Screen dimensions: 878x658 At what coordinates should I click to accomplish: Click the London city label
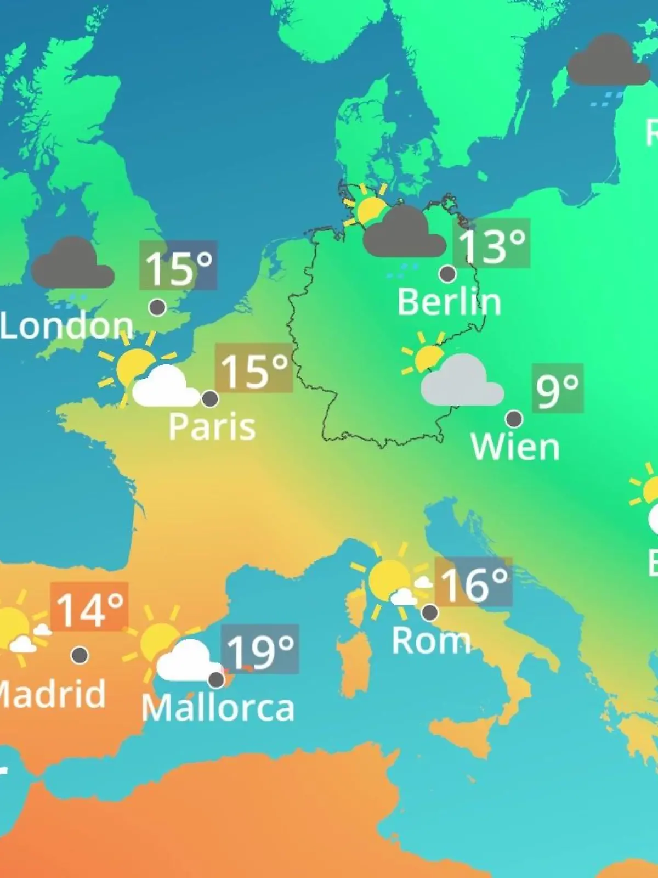pyautogui.click(x=66, y=326)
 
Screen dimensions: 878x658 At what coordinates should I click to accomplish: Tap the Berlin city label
pyautogui.click(x=449, y=302)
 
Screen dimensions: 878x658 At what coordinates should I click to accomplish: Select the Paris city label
pyautogui.click(x=212, y=426)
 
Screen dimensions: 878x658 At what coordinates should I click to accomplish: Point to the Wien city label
pyautogui.click(x=515, y=447)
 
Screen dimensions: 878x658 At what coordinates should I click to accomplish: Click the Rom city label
pyautogui.click(x=431, y=640)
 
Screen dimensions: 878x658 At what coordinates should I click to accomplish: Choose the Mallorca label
pyautogui.click(x=218, y=708)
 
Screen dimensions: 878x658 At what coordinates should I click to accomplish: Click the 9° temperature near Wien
pyautogui.click(x=557, y=389)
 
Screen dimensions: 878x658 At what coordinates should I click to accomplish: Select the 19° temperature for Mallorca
pyautogui.click(x=260, y=649)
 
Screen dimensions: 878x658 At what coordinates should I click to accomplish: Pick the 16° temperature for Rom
pyautogui.click(x=474, y=582)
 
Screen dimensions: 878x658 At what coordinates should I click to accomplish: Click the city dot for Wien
pyautogui.click(x=514, y=419)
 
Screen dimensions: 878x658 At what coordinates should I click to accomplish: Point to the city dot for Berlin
pyautogui.click(x=448, y=273)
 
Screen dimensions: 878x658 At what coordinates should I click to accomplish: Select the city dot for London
pyautogui.click(x=158, y=307)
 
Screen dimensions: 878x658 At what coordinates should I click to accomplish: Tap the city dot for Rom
pyautogui.click(x=430, y=611)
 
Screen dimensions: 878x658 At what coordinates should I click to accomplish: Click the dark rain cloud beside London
pyautogui.click(x=72, y=266)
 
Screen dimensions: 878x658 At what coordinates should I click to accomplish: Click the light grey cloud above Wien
pyautogui.click(x=462, y=382)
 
